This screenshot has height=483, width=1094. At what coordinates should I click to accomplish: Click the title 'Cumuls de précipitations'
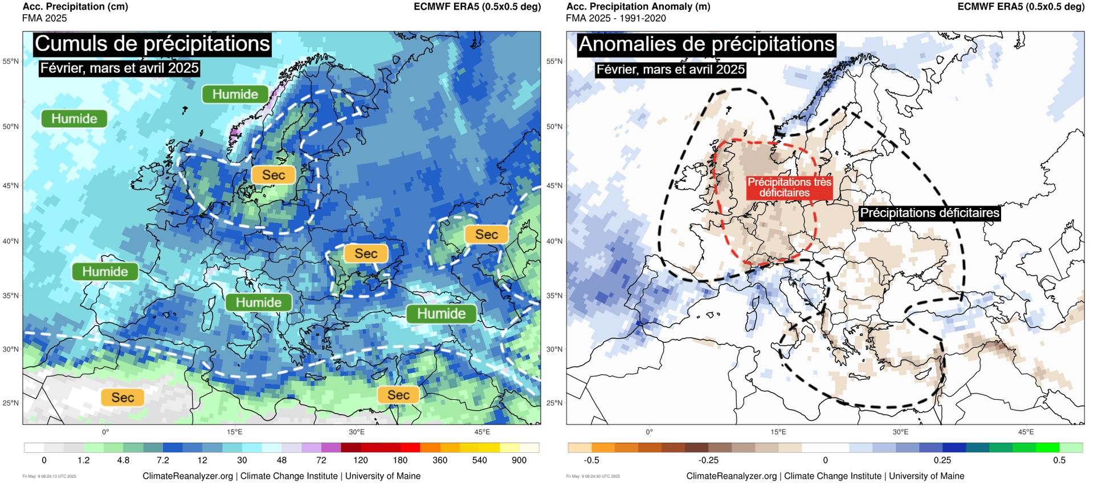pos(152,44)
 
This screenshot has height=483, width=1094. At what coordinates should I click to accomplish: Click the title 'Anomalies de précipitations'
pos(707,44)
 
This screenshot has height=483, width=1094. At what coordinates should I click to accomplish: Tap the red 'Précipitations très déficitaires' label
pos(789,187)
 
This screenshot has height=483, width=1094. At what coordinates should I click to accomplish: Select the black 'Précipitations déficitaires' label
pos(929,213)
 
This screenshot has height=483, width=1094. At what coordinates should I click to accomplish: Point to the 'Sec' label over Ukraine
pos(366,253)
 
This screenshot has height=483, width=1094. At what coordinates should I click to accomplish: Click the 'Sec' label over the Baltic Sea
pos(273,175)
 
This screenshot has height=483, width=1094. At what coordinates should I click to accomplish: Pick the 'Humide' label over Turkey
pos(441,313)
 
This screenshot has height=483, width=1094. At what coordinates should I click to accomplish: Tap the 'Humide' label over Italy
pos(259,302)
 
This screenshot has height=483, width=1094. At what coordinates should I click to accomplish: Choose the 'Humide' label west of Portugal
pos(105,272)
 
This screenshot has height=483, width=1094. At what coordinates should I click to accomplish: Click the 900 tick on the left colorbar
pos(519,460)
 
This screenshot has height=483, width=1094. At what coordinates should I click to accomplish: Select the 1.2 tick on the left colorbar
pos(84,460)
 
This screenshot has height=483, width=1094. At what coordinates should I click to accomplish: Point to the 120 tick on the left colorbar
pos(361,460)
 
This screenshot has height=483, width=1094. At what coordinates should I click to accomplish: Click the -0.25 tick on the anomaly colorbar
pos(708,460)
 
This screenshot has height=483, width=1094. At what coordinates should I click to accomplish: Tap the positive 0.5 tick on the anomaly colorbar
pos(1059,460)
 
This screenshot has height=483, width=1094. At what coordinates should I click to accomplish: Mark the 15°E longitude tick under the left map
pos(234,432)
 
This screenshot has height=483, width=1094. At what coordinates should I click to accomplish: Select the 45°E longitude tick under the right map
pos(1026,432)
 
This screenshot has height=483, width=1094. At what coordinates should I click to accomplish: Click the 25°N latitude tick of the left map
pos(11,403)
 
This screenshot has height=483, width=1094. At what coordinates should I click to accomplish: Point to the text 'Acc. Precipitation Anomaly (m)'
pos(638,7)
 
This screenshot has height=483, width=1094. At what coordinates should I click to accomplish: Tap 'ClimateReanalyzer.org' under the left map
pos(187,476)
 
